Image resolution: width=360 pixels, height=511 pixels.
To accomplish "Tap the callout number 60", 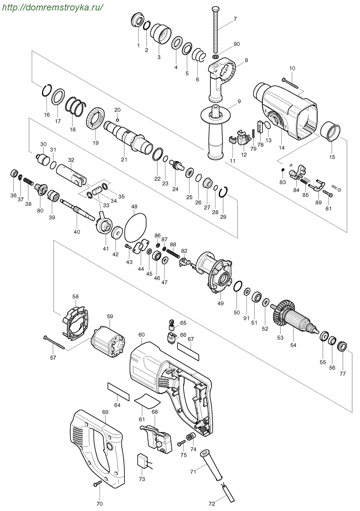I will pyautogui.click(x=141, y=334).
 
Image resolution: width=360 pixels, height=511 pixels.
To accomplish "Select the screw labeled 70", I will pyautogui.click(x=97, y=483).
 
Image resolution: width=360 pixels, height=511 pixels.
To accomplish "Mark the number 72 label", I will pyautogui.click(x=211, y=504).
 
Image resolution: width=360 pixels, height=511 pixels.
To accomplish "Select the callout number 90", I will pyautogui.click(x=237, y=44).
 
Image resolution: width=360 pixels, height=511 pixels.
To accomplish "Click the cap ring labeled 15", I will pyautogui.click(x=332, y=131).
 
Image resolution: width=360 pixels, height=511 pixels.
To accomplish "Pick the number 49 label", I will pyautogui.click(x=220, y=304).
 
